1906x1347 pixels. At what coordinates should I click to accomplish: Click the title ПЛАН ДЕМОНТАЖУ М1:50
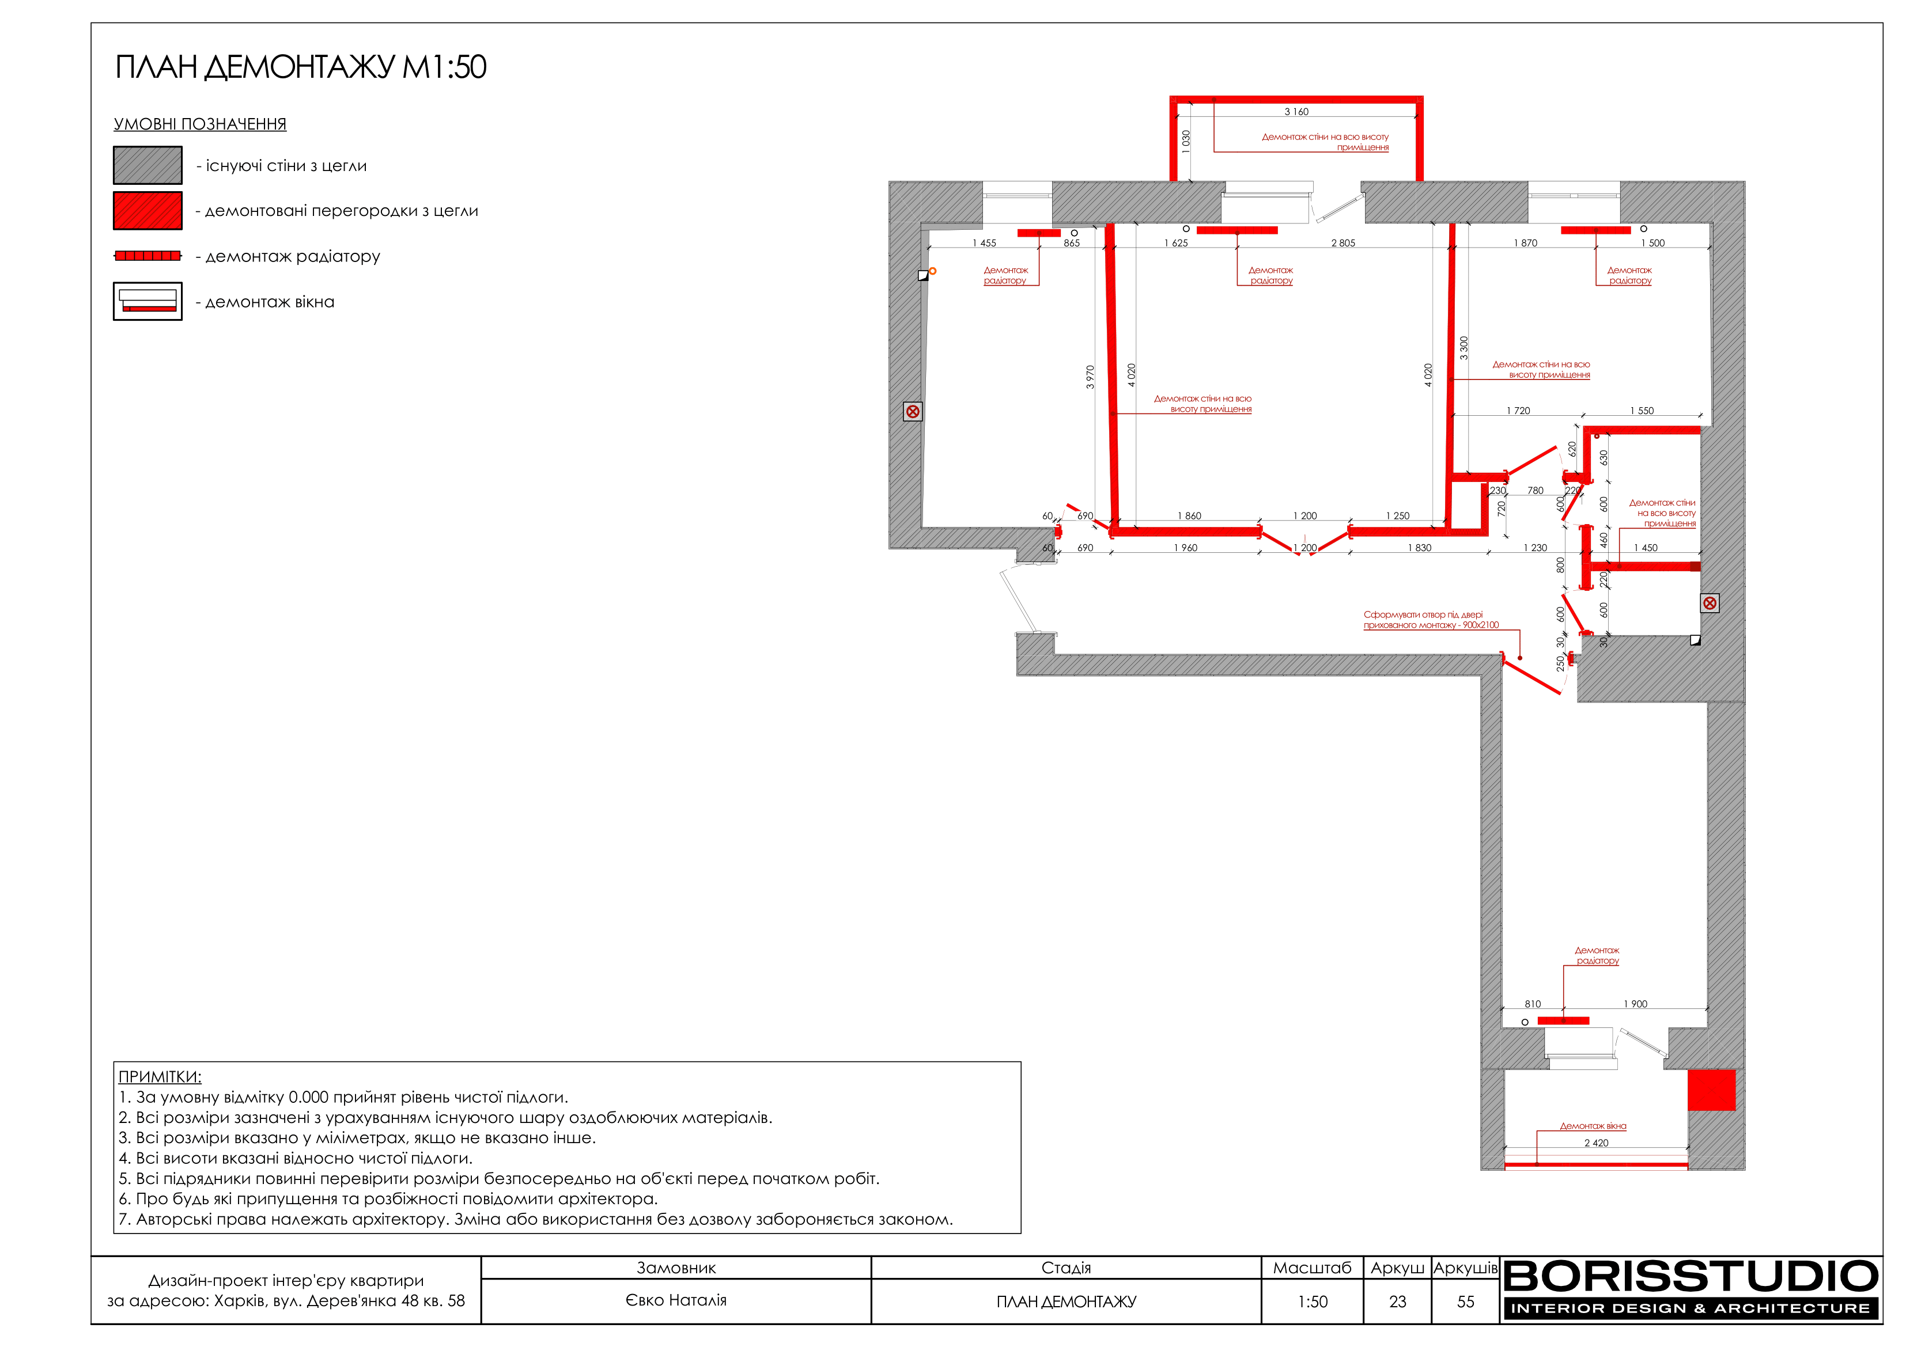click(x=301, y=67)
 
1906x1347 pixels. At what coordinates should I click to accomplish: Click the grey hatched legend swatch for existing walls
click(x=148, y=165)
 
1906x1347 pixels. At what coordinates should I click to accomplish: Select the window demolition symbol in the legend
click(x=148, y=301)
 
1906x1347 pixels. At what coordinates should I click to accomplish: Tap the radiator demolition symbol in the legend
click(x=148, y=256)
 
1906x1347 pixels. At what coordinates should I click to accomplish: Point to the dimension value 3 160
click(x=1296, y=111)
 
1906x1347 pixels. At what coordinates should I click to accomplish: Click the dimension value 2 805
click(x=1343, y=243)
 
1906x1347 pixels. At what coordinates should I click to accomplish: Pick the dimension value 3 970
click(x=1090, y=377)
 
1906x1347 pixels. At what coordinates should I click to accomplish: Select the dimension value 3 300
click(x=1463, y=348)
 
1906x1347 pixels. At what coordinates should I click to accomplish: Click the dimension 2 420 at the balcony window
click(x=1597, y=1143)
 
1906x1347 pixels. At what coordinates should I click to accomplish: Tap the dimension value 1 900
click(x=1635, y=1004)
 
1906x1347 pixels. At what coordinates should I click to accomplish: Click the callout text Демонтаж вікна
click(x=1593, y=1126)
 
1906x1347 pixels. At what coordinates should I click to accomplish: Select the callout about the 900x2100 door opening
click(x=1431, y=620)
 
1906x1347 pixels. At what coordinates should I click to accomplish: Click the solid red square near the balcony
click(x=1712, y=1090)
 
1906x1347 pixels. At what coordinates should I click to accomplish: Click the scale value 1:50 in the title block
click(x=1313, y=1302)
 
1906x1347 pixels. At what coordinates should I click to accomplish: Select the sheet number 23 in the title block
click(x=1398, y=1302)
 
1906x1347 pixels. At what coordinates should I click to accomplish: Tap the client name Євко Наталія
click(x=676, y=1300)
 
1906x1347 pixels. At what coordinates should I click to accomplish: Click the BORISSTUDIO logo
click(x=1691, y=1289)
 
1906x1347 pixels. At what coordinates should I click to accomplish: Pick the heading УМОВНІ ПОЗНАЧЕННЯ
click(x=200, y=124)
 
